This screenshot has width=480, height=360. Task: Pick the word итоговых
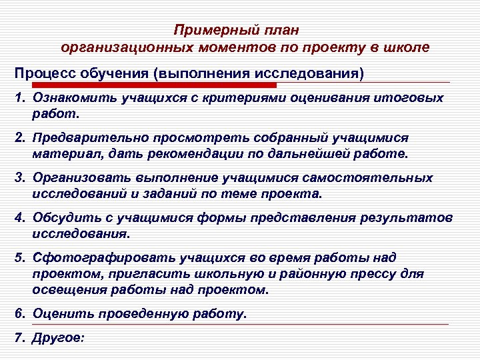pos(408,99)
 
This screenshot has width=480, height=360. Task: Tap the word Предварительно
pos(85,138)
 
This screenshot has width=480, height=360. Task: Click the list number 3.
pos(19,178)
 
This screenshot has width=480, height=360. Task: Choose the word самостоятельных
pos(375,178)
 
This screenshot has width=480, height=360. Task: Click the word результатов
pos(407,218)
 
